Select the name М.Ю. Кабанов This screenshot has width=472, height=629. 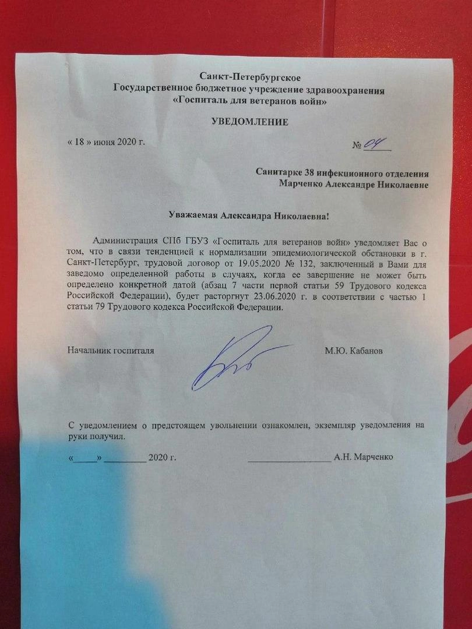[x=355, y=351]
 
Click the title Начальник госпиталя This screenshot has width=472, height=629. [x=111, y=351]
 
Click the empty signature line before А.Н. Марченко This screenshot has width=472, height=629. [x=289, y=458]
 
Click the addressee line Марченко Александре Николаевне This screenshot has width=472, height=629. [x=354, y=185]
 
